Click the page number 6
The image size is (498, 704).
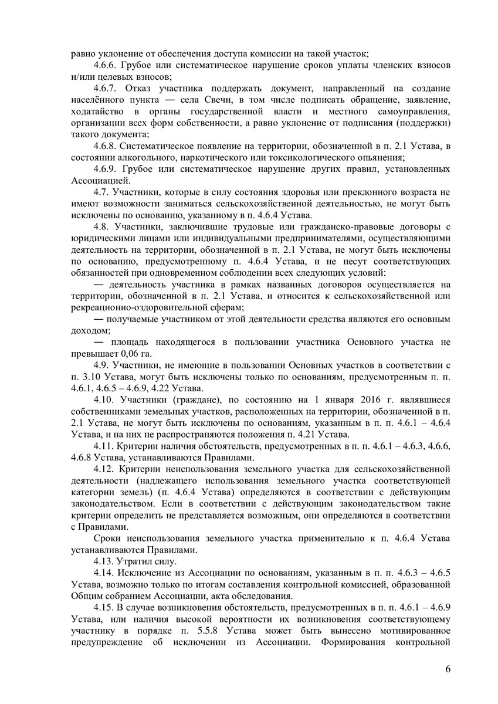pyautogui.click(x=448, y=673)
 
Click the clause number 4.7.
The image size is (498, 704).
pyautogui.click(x=103, y=192)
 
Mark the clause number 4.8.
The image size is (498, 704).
pyautogui.click(x=103, y=226)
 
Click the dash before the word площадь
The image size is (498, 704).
pyautogui.click(x=99, y=341)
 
